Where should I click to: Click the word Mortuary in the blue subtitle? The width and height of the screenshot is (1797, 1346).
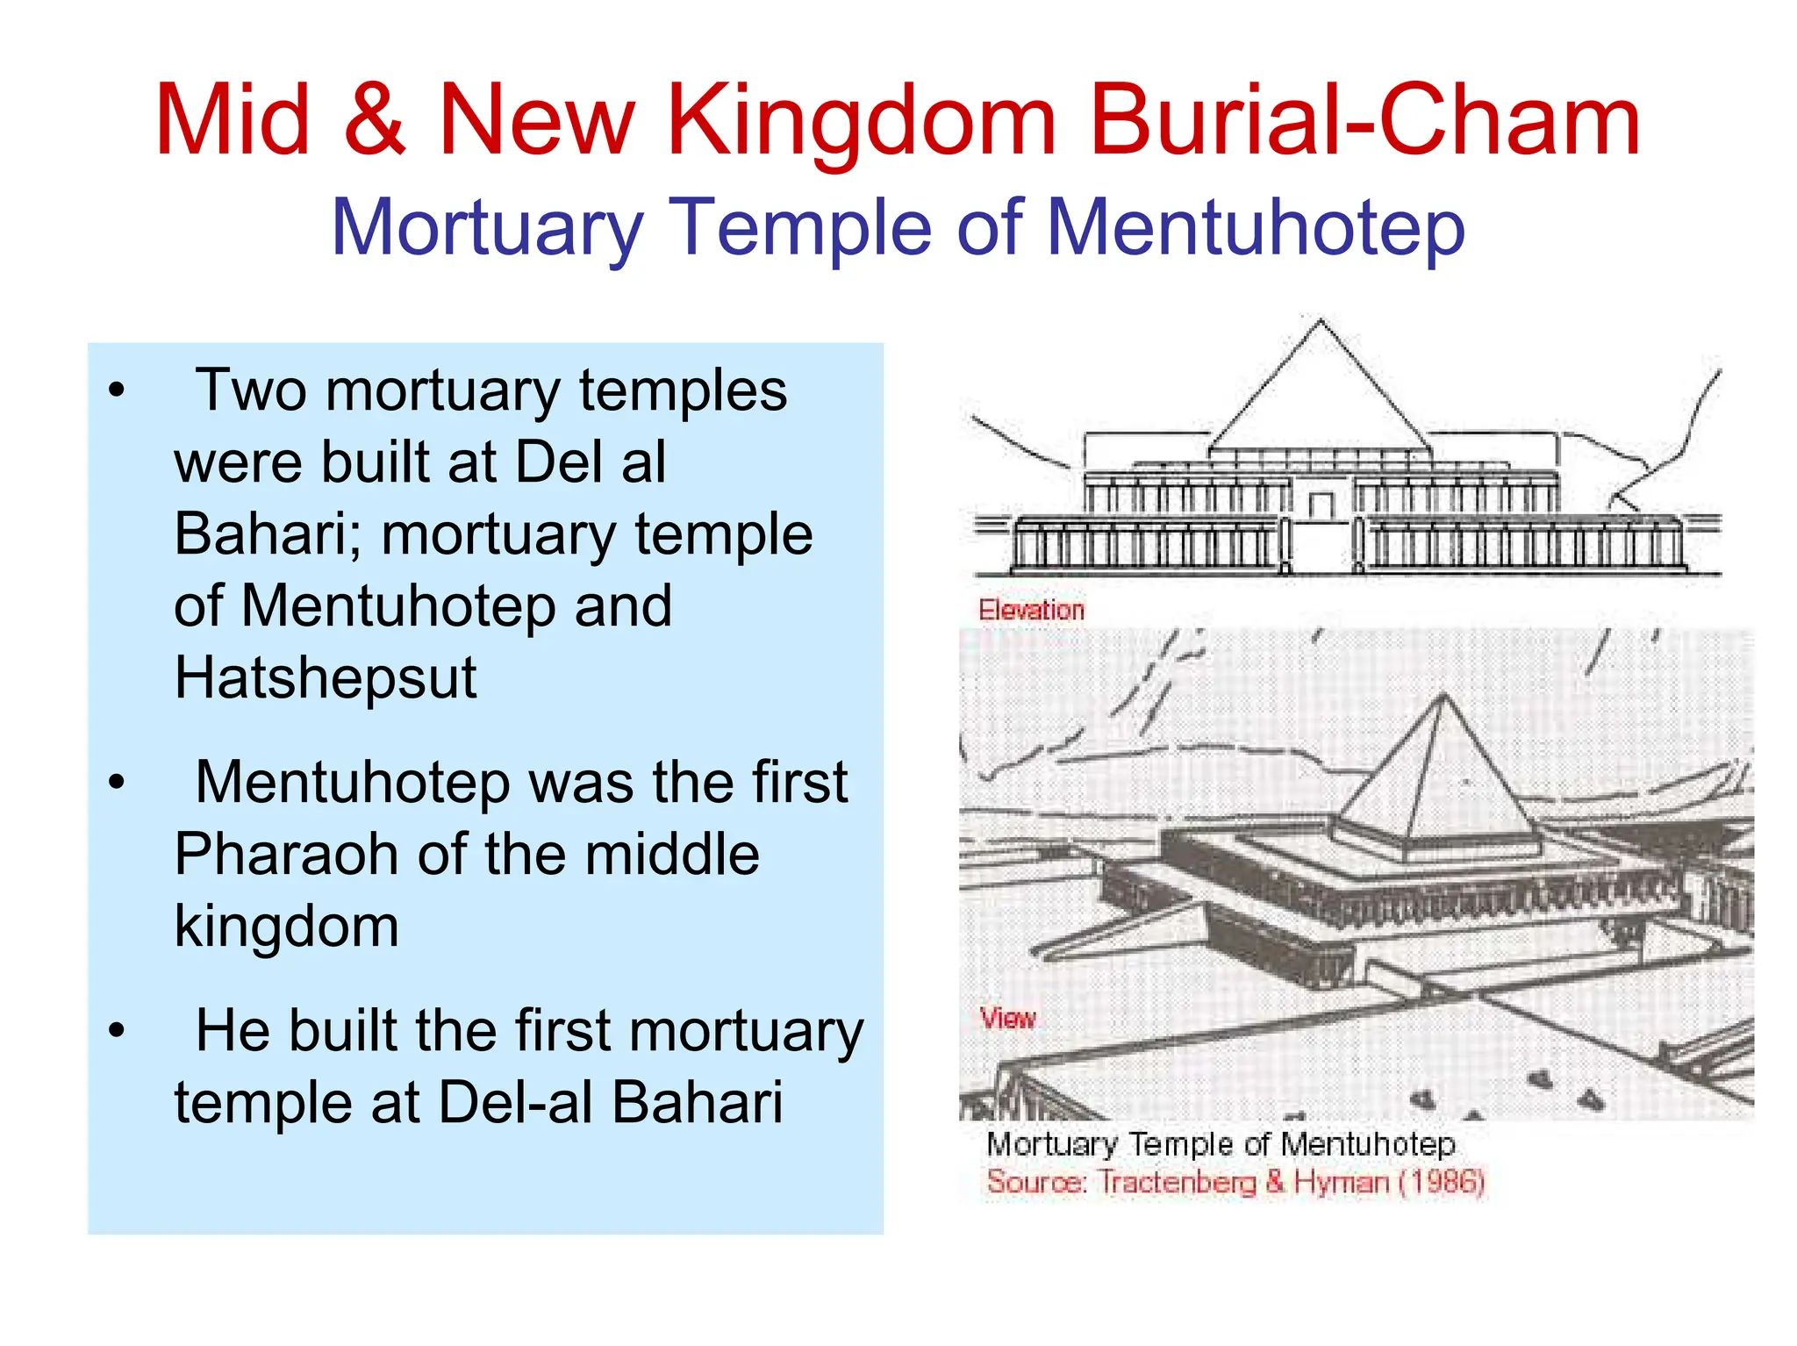click(487, 228)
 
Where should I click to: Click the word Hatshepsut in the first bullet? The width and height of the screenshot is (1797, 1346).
click(326, 678)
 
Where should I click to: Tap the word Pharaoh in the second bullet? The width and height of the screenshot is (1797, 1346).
click(286, 854)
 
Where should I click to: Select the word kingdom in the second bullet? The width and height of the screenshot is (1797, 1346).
click(286, 926)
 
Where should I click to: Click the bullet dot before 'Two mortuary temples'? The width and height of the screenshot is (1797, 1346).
click(117, 390)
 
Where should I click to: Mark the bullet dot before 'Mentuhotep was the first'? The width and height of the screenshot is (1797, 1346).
click(117, 783)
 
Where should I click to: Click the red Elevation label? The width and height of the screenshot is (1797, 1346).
click(1031, 610)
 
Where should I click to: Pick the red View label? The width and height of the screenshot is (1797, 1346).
click(1008, 1019)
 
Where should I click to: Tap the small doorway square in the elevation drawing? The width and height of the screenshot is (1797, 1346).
click(1321, 505)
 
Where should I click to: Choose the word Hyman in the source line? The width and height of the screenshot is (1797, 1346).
click(1342, 1182)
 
